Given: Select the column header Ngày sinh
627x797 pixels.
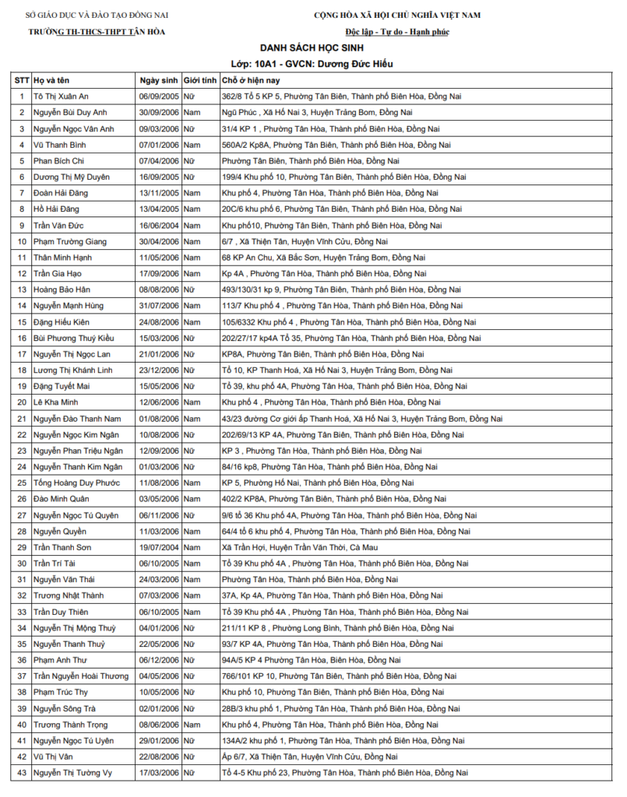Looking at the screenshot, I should pyautogui.click(x=159, y=80).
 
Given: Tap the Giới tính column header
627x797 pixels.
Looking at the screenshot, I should pyautogui.click(x=199, y=80).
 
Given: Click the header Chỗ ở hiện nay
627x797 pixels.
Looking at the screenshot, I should pyautogui.click(x=250, y=80).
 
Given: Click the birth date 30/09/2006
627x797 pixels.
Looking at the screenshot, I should pyautogui.click(x=159, y=113).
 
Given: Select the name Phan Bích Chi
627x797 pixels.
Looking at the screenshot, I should pyautogui.click(x=59, y=160).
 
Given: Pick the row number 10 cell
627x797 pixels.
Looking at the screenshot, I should pyautogui.click(x=21, y=241).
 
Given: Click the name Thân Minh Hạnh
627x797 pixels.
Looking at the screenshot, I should pyautogui.click(x=62, y=257).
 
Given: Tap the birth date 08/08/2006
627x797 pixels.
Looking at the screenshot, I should pyautogui.click(x=159, y=289).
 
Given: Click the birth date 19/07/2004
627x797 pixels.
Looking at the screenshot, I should pyautogui.click(x=159, y=547).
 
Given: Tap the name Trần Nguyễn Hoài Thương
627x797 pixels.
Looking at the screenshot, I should pyautogui.click(x=81, y=676).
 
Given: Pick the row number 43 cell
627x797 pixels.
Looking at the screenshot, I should pyautogui.click(x=21, y=772).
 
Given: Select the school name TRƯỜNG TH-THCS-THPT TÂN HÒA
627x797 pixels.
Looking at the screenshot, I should pyautogui.click(x=97, y=31).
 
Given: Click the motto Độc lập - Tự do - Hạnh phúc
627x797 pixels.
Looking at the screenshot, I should pyautogui.click(x=397, y=31).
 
